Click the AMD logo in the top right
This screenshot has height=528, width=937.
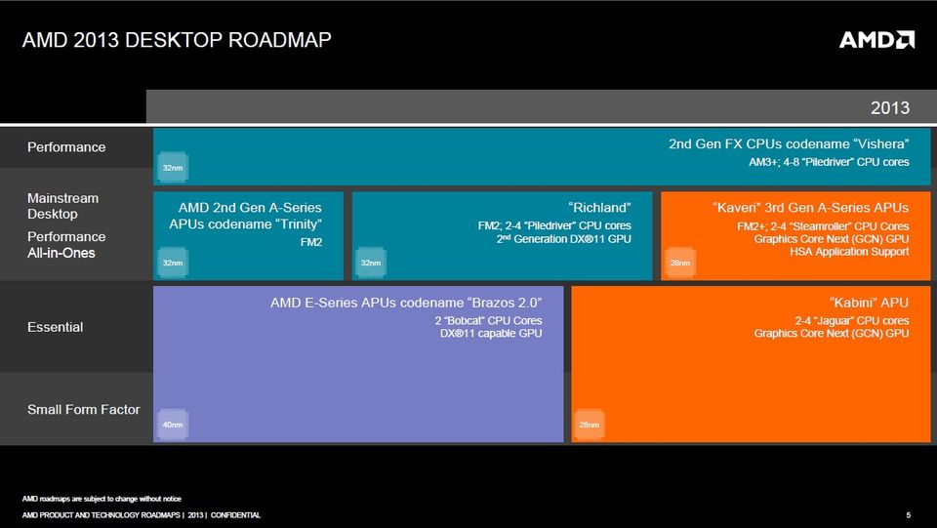tap(876, 39)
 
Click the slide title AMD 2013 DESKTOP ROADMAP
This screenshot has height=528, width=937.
tap(177, 40)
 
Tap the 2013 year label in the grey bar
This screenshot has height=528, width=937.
tap(890, 107)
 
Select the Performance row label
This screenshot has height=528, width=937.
tap(66, 147)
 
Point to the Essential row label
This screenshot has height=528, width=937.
tap(55, 327)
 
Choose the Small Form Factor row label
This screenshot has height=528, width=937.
tap(84, 409)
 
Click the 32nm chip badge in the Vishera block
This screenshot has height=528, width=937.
tap(173, 168)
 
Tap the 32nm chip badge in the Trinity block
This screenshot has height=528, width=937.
tap(173, 263)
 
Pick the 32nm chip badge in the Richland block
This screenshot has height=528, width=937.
tap(371, 263)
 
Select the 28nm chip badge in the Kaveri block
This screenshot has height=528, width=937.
tap(680, 263)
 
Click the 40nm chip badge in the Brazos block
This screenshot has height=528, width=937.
tap(173, 425)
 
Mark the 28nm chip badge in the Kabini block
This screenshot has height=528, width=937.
tap(590, 425)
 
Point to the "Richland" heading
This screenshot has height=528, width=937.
tap(599, 208)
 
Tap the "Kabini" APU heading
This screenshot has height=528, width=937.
tap(869, 303)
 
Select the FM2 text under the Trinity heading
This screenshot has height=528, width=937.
tap(311, 242)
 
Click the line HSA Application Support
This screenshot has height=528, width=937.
tap(849, 252)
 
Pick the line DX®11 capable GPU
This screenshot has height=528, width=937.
tap(491, 333)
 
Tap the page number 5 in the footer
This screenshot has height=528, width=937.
tap(909, 515)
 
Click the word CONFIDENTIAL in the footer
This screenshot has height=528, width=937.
tap(235, 515)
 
